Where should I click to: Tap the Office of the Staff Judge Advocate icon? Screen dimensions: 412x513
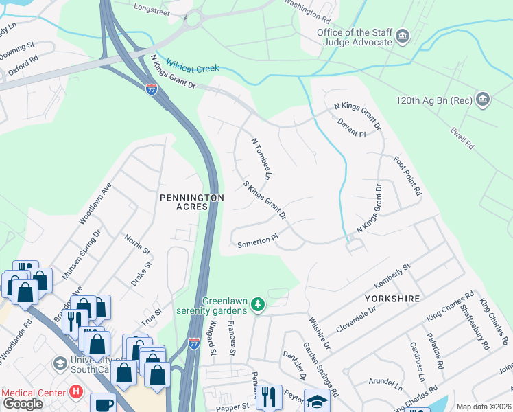[403, 36]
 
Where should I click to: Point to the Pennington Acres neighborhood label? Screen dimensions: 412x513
[192, 203]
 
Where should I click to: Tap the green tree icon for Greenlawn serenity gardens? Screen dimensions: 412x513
[257, 304]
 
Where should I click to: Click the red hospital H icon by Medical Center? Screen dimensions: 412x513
[76, 393]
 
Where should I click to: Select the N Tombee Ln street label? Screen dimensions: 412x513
[261, 159]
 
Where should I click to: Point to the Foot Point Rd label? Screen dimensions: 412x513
[407, 176]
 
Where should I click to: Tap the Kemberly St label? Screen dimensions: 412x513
[392, 275]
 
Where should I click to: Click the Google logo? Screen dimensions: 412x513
[23, 404]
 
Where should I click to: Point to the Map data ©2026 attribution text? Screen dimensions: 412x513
[483, 407]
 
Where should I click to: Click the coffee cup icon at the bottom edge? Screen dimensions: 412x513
[102, 404]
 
